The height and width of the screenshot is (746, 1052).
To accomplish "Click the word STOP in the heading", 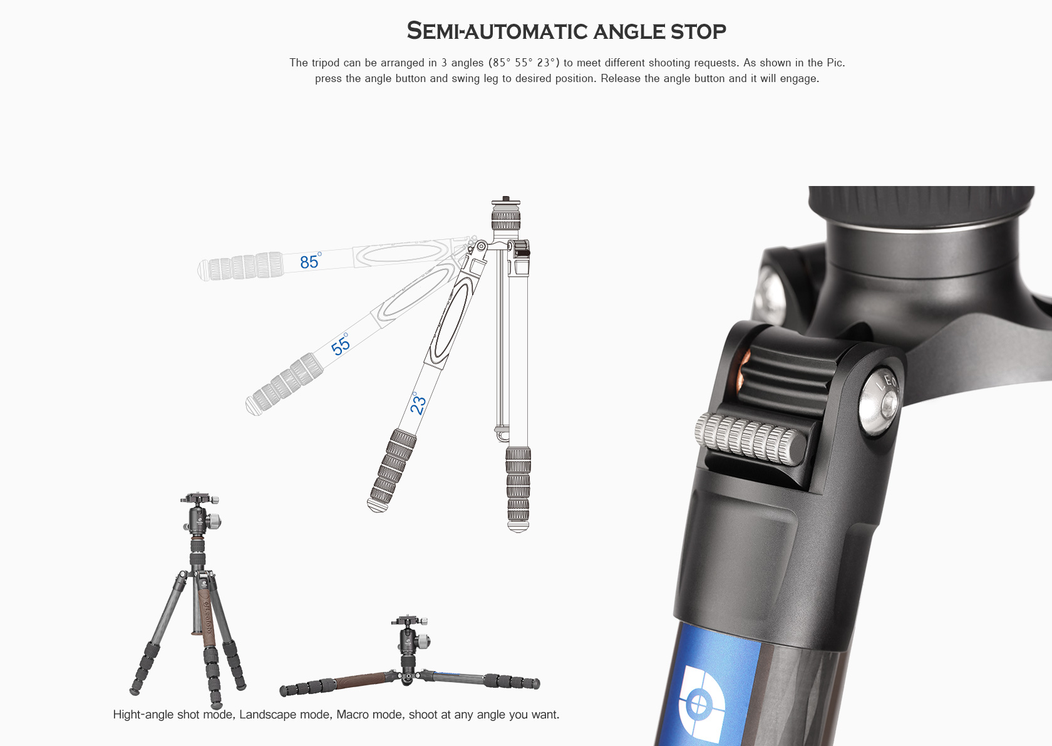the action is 698,31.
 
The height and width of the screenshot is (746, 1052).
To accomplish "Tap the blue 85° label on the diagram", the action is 311,261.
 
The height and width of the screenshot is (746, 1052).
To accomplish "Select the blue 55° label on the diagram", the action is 340,345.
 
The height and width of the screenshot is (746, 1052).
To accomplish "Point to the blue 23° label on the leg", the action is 417,403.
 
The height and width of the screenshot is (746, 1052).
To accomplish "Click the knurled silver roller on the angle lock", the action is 750,438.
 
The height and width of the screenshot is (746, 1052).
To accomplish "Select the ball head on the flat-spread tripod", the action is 410,639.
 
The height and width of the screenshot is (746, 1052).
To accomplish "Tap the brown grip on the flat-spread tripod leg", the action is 360,680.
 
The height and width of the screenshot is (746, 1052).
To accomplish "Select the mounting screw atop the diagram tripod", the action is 506,199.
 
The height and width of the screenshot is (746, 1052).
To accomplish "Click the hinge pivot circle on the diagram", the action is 481,246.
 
